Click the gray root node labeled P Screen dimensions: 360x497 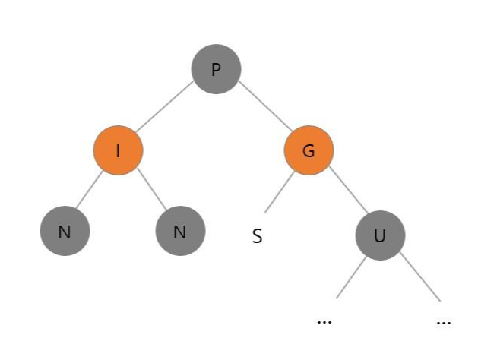[216, 69]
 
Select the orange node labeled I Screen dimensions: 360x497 [118, 150]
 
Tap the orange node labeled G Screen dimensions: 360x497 [309, 150]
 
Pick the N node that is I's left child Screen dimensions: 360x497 [65, 231]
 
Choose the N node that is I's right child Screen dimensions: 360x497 [180, 231]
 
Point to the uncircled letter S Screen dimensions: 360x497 [258, 236]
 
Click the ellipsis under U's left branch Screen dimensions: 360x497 [324, 321]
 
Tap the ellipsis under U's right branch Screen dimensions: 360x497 [445, 321]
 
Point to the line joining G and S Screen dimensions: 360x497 [280, 192]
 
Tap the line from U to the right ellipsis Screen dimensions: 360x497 [420, 276]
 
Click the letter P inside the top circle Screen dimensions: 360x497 [216, 70]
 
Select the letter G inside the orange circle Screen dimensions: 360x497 [309, 151]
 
